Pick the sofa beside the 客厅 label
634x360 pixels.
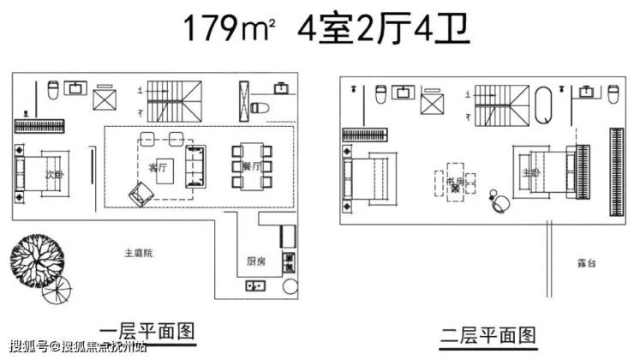pos(196,165)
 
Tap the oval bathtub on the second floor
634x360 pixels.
pos(544,105)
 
